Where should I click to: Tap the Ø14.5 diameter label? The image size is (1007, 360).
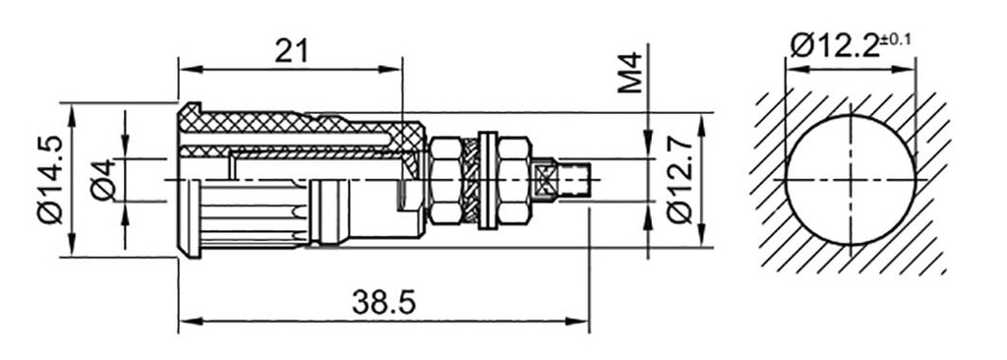50,179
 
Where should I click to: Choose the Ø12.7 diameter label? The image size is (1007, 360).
679,180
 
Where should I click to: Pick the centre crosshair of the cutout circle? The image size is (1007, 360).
850,180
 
